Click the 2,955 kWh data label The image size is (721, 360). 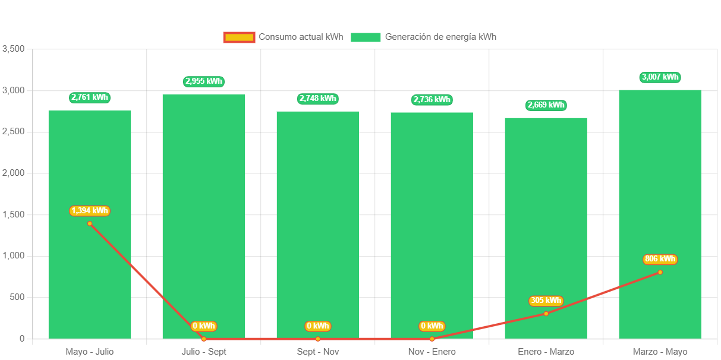click(x=204, y=81)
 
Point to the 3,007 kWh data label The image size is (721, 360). click(x=660, y=77)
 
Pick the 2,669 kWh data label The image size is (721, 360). click(x=546, y=105)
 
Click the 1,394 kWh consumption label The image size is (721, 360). click(x=90, y=211)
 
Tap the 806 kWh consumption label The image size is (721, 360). click(x=660, y=259)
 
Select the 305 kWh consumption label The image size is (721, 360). click(x=546, y=301)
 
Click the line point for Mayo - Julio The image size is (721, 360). click(x=90, y=223)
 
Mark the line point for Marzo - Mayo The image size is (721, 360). click(x=660, y=272)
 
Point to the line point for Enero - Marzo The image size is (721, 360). click(x=546, y=314)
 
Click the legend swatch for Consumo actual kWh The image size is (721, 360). click(x=239, y=37)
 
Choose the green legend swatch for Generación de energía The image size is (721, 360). click(x=365, y=37)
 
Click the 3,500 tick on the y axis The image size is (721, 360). click(x=13, y=49)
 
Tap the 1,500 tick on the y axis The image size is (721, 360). click(x=13, y=214)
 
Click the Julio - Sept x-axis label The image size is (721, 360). click(x=204, y=352)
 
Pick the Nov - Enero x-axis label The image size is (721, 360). click(x=432, y=352)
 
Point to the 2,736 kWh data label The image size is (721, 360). click(x=432, y=100)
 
